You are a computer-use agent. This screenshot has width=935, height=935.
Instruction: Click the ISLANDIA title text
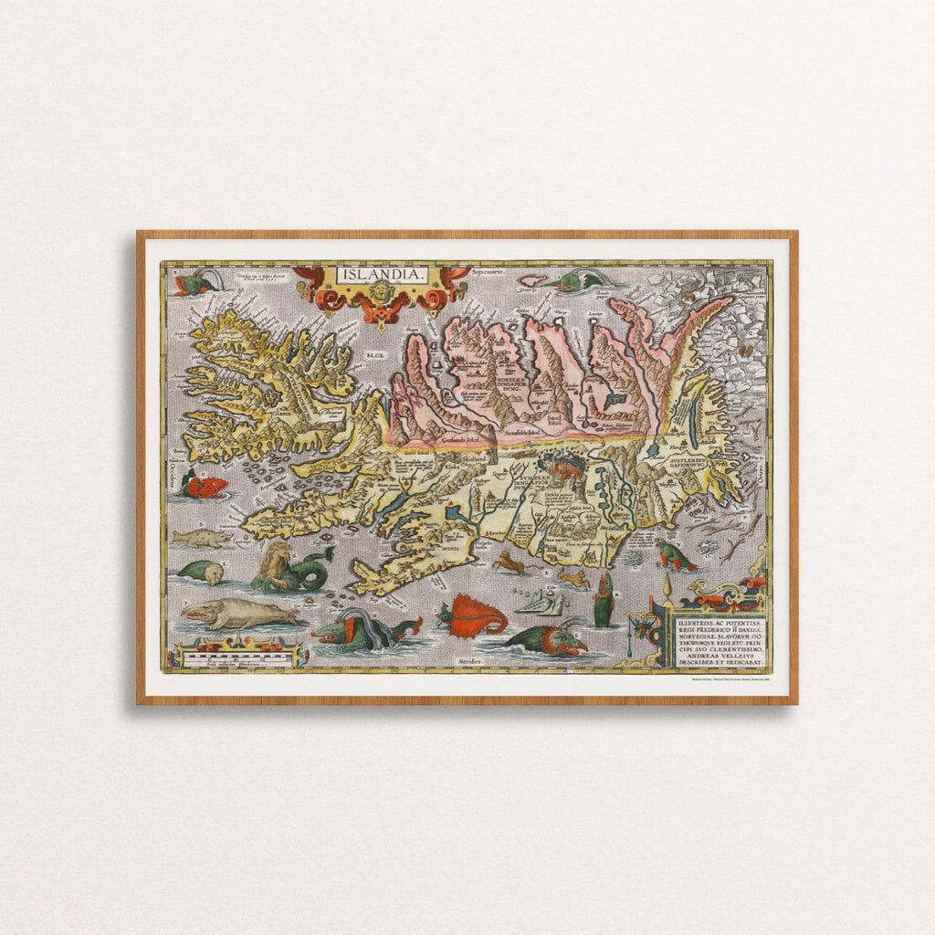click(x=381, y=274)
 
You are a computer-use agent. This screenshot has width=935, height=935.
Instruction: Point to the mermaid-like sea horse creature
click(x=290, y=569)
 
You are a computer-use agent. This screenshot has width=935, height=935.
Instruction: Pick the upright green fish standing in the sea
click(x=603, y=604)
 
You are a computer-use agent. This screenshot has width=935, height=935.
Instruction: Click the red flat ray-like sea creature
click(x=475, y=615)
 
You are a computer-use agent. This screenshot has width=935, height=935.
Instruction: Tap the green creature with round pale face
click(x=203, y=573)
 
